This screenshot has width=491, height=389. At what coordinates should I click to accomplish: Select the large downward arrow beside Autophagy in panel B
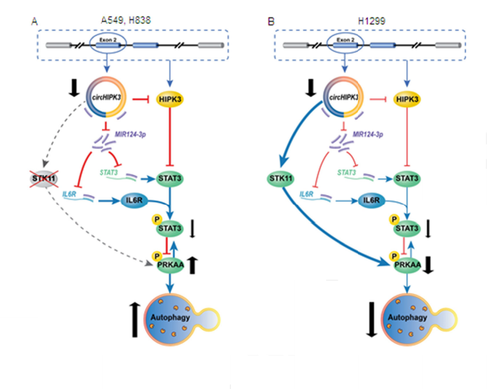[372, 317]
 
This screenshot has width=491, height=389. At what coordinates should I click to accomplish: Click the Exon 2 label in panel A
[106, 40]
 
